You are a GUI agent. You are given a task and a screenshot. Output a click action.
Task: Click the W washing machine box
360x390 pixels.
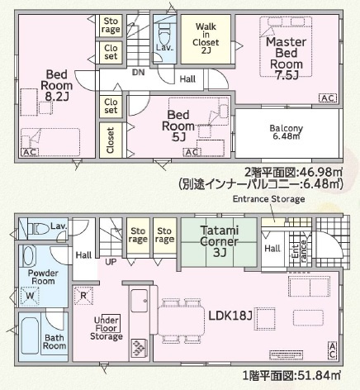click(x=31, y=294)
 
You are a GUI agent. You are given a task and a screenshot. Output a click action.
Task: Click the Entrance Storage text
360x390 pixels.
click(x=268, y=199)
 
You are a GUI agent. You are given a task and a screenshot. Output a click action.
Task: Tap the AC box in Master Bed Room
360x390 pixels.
click(x=328, y=98)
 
